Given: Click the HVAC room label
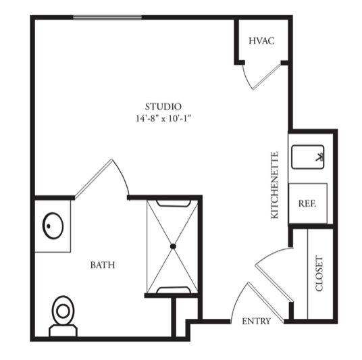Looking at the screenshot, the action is point(261,41).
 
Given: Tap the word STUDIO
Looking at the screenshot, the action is point(163,107).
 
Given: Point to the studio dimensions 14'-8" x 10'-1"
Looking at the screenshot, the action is point(163,119).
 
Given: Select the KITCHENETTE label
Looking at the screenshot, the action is point(275,185).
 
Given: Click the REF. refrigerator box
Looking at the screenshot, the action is point(308,203).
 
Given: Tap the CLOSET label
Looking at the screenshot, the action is point(319,273).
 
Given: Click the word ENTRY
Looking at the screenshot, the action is point(256,322).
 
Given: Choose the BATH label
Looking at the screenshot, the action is point(103,265).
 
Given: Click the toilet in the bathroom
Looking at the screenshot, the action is point(63,316).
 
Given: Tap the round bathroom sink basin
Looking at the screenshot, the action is point(53,226).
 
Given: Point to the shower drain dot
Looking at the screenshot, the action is point(173,247).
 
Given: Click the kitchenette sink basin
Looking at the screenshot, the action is point(308,157).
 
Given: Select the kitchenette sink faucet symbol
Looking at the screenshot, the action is point(319,157).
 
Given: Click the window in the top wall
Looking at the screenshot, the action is point(107,18).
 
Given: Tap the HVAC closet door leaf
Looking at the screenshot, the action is point(266,77).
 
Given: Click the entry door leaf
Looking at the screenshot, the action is point(265,303).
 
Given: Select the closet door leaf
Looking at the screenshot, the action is point(274,283).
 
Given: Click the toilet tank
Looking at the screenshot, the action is point(63,331).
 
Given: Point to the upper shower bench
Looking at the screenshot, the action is point(174,203).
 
